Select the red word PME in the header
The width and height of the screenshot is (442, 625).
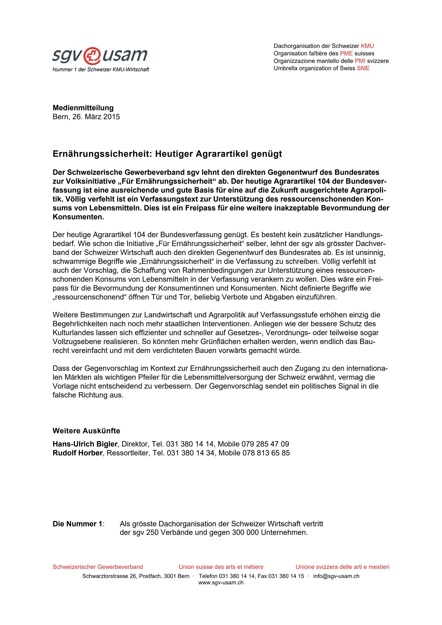tap(346, 53)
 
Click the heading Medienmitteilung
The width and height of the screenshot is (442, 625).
tap(83, 108)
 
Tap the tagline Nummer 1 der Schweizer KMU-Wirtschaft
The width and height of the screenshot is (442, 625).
tap(101, 70)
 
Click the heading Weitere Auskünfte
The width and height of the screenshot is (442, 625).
tap(86, 431)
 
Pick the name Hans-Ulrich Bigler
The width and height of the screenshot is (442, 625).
tap(85, 444)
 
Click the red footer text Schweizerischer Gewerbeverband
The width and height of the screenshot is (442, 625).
tap(98, 567)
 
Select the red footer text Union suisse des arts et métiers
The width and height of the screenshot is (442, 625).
tap(221, 567)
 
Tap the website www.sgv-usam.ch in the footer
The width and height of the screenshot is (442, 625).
tap(221, 583)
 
